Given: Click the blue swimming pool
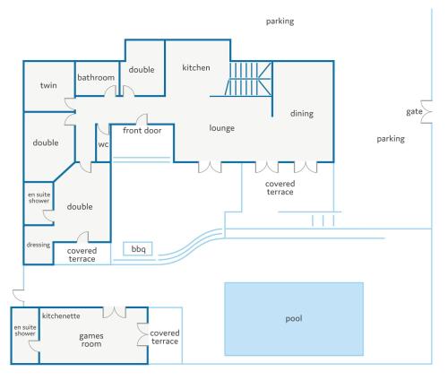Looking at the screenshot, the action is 294,319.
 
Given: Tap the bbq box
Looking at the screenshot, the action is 138,248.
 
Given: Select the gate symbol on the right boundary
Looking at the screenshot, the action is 426,112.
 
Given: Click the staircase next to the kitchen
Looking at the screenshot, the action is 249,79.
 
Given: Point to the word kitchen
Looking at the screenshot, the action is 196,68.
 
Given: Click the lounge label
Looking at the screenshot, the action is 221,128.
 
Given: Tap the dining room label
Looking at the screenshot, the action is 302,114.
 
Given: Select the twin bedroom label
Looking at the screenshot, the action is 48,85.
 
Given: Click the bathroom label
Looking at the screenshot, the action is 96,78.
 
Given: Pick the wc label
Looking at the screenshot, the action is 103,144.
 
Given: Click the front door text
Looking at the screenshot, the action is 142,131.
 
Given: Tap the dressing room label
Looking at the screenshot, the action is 39,245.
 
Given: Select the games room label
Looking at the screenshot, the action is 91,340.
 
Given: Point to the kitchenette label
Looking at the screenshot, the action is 61,316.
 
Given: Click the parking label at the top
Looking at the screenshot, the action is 280,22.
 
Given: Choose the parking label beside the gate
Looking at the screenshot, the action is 391,139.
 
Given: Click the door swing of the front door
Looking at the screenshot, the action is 142,119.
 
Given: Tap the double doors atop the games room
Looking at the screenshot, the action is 115,312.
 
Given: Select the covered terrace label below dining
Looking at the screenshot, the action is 280,188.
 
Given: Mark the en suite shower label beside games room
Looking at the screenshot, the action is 25,331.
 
